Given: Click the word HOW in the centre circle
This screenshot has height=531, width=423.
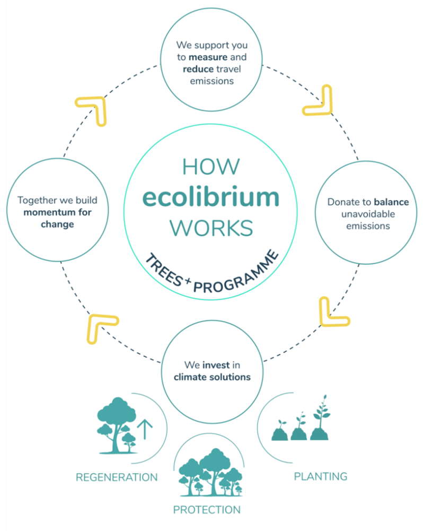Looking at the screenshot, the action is [211, 167].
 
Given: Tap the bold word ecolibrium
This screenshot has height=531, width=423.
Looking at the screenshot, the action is [211, 197].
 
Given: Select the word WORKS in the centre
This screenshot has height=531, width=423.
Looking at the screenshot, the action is [211, 228].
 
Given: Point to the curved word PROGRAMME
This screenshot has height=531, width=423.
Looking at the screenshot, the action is [237, 274].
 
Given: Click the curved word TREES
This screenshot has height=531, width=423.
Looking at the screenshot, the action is [164, 270].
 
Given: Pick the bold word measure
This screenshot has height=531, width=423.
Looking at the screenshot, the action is [208, 57].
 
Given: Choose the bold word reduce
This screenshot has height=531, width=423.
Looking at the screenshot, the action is [198, 69].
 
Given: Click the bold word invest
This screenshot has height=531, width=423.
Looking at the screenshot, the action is [216, 365].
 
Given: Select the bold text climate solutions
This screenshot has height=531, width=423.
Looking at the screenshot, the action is [212, 377].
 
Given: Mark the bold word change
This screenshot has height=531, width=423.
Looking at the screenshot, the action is [57, 224].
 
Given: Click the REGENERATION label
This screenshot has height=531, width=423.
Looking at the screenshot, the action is [117, 477].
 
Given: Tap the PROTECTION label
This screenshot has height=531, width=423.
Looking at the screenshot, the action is [207, 510].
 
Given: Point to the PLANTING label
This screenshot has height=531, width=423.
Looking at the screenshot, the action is [321, 476].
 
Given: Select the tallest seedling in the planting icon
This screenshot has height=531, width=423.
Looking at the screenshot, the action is [321, 417].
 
